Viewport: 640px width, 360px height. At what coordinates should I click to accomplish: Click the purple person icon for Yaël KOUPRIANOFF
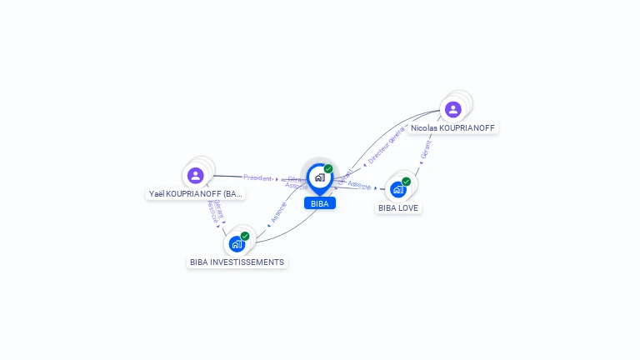(x=195, y=175)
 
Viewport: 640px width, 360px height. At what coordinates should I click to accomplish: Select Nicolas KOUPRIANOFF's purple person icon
(x=452, y=109)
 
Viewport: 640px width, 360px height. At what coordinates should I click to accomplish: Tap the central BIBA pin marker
(x=319, y=177)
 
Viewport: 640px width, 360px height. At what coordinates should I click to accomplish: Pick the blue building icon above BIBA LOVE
(x=398, y=189)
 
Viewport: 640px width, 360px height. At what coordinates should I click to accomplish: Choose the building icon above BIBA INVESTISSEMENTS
(x=237, y=243)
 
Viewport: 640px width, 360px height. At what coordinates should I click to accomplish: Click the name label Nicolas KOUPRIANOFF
(x=452, y=128)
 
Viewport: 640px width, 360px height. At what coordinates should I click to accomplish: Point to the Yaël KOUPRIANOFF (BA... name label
(x=196, y=194)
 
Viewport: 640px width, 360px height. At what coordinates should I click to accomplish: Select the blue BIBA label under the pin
(x=319, y=203)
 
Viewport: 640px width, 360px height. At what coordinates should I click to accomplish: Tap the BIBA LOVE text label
(x=398, y=208)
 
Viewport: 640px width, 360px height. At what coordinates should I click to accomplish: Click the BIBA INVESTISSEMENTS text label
(x=237, y=262)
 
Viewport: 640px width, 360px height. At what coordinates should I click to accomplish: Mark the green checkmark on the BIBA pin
(x=328, y=168)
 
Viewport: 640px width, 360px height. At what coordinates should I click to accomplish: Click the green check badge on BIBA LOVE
(x=407, y=181)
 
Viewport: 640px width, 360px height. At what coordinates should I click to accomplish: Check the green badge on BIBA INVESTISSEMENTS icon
(x=245, y=236)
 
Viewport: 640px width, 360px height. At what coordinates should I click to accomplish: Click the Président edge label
(x=257, y=177)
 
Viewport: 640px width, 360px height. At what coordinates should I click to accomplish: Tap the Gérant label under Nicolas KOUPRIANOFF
(x=426, y=148)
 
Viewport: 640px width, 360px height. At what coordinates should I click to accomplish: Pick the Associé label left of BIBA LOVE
(x=359, y=184)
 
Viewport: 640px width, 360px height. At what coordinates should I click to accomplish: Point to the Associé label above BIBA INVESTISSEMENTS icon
(x=278, y=211)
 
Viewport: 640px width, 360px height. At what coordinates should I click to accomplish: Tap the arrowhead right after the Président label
(x=277, y=178)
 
